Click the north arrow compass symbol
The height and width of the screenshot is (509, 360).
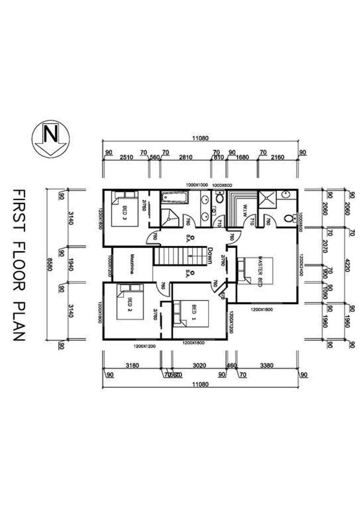tap(50, 139)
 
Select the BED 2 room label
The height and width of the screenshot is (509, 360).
tap(130, 304)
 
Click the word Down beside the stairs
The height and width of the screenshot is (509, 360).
tap(210, 255)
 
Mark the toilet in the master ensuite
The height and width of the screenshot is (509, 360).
tap(289, 218)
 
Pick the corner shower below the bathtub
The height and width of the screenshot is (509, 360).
tap(169, 218)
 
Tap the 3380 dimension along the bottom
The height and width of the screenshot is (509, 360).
tap(266, 365)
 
